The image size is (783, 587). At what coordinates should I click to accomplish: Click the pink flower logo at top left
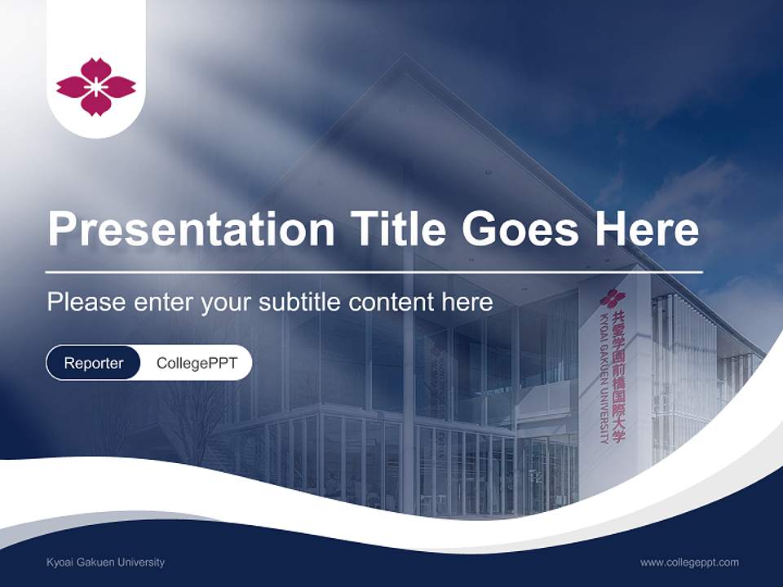pos(95,86)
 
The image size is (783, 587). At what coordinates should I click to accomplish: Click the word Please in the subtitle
pos(86,302)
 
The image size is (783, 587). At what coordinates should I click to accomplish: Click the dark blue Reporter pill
pos(94,363)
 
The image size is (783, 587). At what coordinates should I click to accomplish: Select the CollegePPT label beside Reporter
pos(197,363)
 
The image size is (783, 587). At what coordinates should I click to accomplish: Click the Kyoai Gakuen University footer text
pos(106,563)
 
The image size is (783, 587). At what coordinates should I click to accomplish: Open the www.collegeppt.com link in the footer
pos(689,563)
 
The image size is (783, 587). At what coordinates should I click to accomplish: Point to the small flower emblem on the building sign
pos(613,298)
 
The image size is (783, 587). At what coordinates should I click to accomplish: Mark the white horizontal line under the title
pos(374,271)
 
